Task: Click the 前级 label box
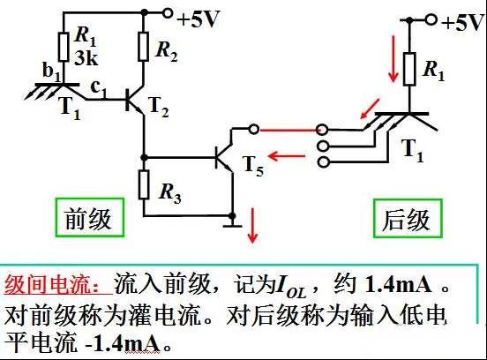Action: [90, 217]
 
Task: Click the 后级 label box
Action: [408, 219]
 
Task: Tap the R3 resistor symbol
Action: [144, 184]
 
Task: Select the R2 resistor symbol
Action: [143, 46]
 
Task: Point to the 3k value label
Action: [86, 57]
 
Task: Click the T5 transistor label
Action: [253, 166]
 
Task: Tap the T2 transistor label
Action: [159, 108]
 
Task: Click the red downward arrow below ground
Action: [252, 226]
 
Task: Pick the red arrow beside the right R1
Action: [393, 59]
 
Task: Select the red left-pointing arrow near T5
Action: [287, 156]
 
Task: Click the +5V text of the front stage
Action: [199, 19]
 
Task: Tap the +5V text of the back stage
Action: [464, 22]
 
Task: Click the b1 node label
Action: [51, 71]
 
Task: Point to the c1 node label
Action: [99, 89]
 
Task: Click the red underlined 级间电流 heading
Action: [58, 285]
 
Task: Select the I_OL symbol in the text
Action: [290, 287]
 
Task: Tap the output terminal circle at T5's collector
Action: [254, 129]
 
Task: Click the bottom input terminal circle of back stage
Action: [323, 162]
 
